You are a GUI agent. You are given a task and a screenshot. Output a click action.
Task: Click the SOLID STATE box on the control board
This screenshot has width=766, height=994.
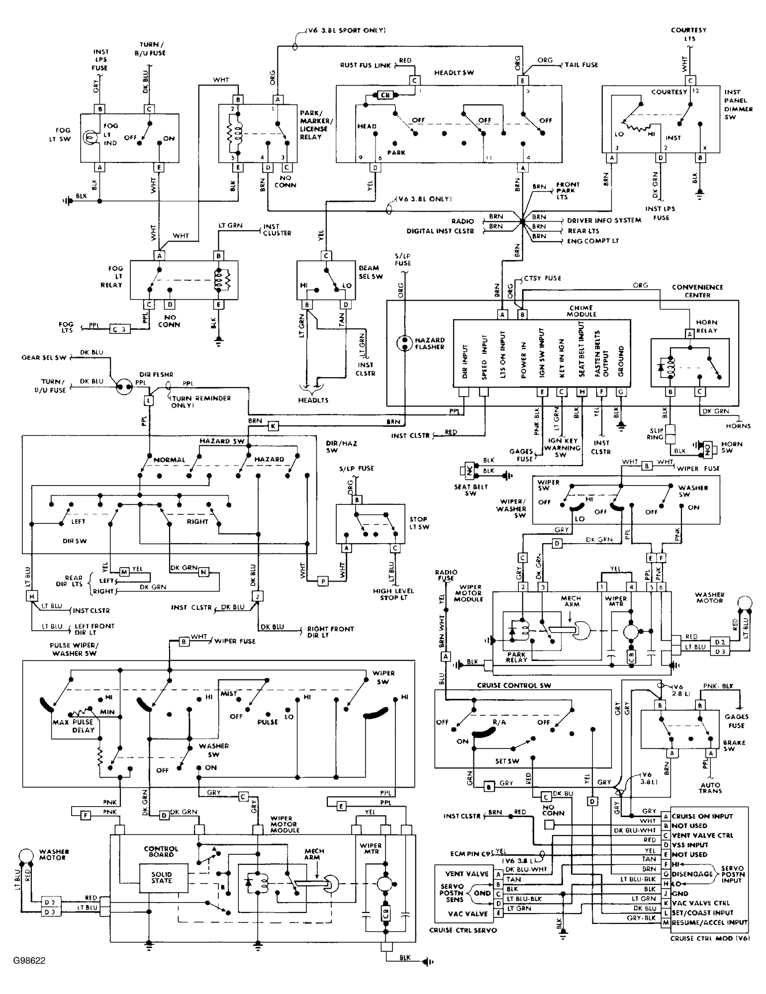click(162, 877)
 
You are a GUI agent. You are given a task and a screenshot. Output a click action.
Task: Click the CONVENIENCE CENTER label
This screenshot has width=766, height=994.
click(697, 291)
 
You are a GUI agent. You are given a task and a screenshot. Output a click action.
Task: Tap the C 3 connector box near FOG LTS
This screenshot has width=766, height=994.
click(119, 329)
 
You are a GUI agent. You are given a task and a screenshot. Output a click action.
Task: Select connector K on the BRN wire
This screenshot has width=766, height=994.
click(273, 426)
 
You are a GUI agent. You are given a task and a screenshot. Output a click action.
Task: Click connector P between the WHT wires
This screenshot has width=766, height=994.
click(323, 581)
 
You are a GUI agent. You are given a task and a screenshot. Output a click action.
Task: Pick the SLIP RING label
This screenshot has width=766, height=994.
click(655, 434)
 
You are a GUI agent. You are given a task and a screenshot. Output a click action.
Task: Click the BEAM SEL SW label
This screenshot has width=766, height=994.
click(371, 272)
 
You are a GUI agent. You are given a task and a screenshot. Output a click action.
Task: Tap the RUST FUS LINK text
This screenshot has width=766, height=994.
click(365, 65)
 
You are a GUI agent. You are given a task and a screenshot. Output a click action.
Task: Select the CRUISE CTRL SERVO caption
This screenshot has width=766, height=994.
click(463, 930)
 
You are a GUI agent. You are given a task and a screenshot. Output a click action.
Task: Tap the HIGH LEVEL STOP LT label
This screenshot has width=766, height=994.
click(393, 594)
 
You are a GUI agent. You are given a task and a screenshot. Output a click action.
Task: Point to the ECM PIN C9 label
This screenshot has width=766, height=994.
click(465, 854)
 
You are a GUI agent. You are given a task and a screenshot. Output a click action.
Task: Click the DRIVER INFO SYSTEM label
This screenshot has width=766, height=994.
click(604, 220)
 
